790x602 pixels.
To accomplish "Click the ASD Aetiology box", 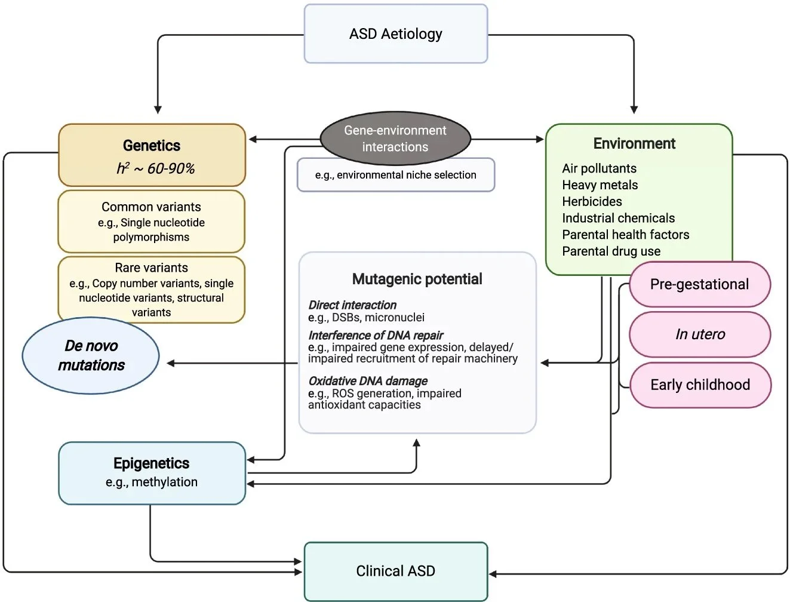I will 396,34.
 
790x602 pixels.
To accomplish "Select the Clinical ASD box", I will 396,571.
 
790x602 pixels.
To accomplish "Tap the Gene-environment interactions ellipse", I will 395,139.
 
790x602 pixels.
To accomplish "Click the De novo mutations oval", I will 91,355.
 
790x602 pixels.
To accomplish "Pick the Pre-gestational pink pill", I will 699,284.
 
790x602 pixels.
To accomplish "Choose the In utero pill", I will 700,334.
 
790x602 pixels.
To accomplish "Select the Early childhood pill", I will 700,385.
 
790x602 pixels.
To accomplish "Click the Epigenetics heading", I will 151,463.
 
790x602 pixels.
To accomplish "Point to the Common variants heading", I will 151,207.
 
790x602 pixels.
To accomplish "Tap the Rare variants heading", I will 151,268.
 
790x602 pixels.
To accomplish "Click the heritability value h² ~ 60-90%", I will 155,169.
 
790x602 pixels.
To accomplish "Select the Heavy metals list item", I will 600,185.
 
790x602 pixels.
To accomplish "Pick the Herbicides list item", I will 592,202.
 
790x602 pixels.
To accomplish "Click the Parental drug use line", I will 611,251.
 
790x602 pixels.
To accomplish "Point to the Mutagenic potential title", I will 417,279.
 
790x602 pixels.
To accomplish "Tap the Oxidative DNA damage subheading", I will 368,381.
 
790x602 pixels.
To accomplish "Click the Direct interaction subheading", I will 352,305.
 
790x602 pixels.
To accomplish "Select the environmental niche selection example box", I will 395,175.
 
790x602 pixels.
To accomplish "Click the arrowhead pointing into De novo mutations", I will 171,363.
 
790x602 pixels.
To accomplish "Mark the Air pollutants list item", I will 599,168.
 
